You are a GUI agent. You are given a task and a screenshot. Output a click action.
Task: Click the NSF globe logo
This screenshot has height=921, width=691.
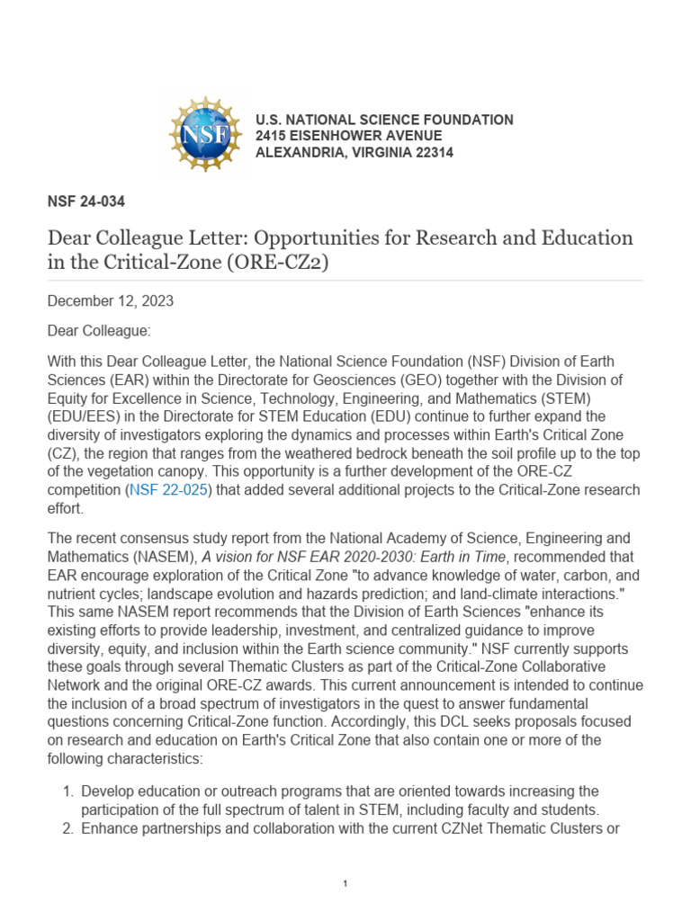(205, 135)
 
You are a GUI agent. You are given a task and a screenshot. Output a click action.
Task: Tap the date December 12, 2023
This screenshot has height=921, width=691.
(111, 301)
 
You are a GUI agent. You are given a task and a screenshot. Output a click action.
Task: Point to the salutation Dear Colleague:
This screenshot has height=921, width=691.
(99, 331)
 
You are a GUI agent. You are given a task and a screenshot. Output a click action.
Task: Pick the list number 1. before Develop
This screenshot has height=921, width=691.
(67, 791)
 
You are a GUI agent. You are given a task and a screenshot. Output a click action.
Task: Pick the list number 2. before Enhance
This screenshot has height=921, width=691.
(67, 827)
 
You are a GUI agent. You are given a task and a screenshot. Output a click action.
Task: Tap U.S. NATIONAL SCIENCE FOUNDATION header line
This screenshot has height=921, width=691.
(384, 120)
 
